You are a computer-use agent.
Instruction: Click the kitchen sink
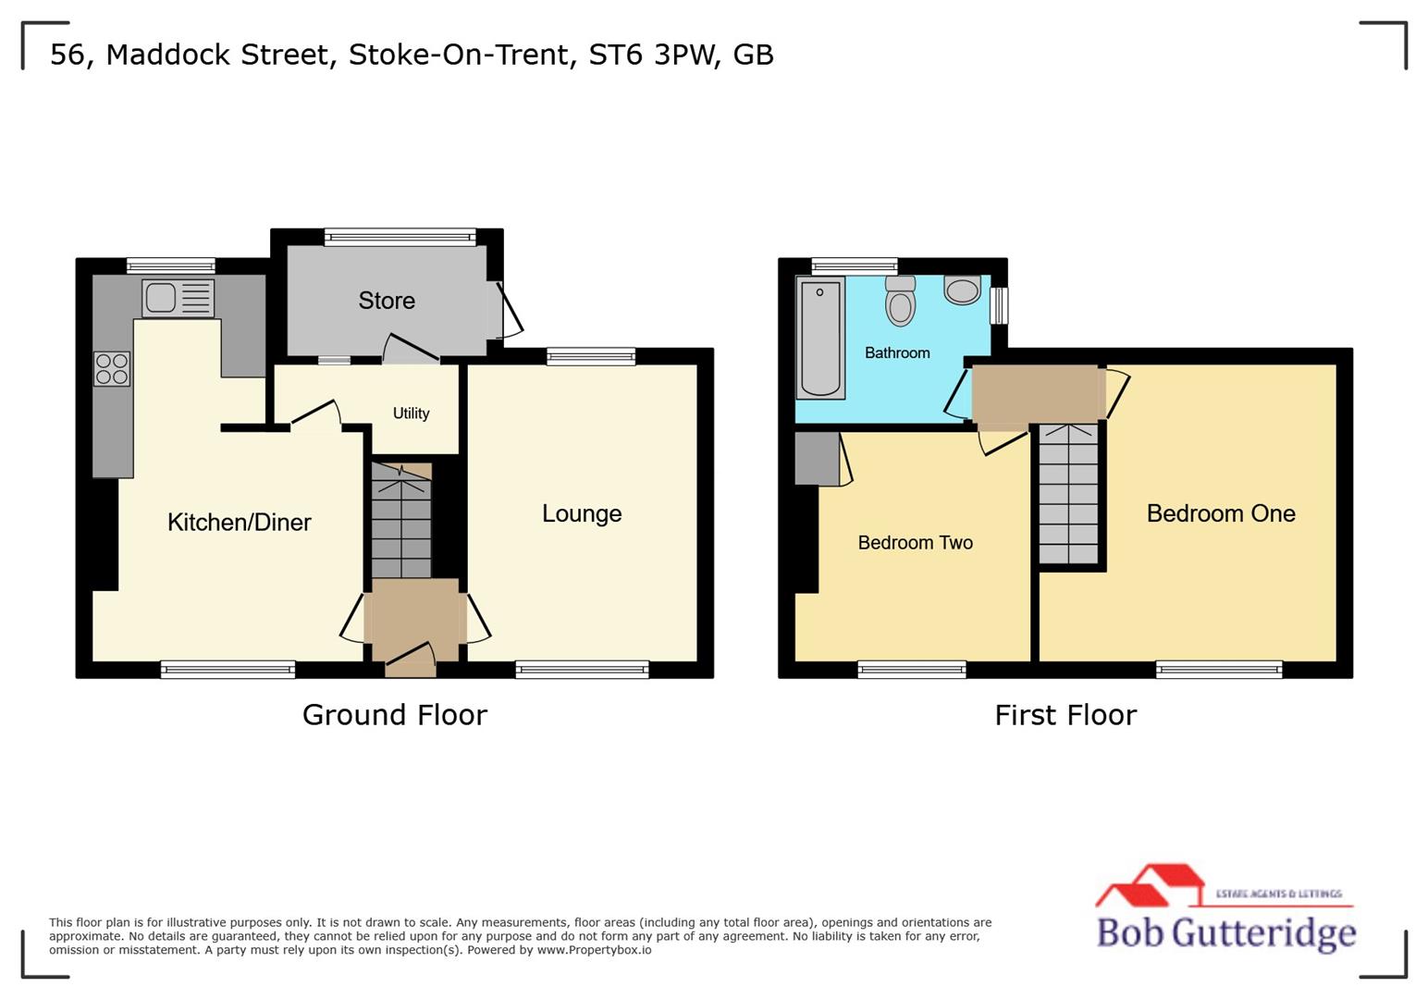178,298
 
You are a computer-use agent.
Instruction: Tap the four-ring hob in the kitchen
112,369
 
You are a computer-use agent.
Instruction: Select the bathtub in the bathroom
820,339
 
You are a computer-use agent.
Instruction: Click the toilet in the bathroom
900,301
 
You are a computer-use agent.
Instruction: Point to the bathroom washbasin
963,290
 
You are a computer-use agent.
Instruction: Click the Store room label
387,301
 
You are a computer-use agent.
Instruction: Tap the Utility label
411,413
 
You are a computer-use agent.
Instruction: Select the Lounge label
582,513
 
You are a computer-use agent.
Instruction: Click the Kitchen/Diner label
239,523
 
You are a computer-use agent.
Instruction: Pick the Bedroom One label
1221,513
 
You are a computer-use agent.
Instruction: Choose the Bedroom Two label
915,543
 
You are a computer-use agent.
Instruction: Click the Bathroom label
897,352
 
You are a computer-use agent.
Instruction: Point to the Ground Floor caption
395,715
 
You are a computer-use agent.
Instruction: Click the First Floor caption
1065,715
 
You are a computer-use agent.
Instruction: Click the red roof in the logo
1151,883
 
